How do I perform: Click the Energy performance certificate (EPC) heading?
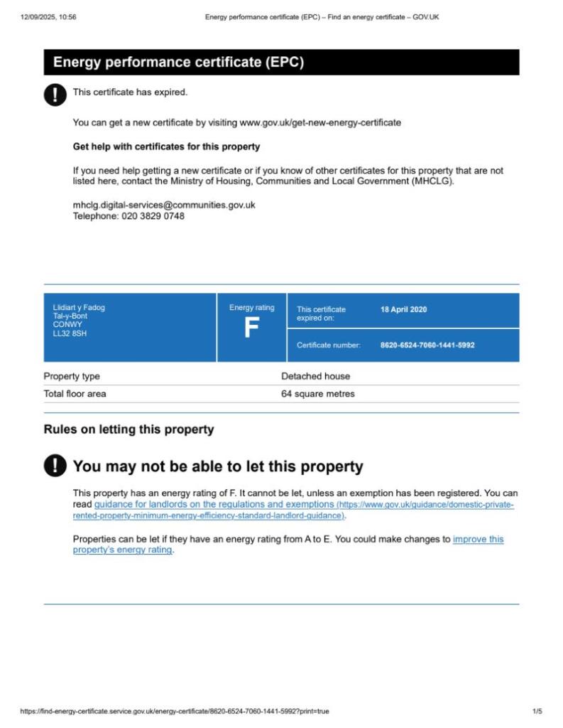pyautogui.click(x=178, y=63)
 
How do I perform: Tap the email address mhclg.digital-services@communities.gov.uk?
pyautogui.click(x=164, y=205)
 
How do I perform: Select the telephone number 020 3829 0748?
pyautogui.click(x=149, y=216)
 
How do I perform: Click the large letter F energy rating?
pyautogui.click(x=251, y=329)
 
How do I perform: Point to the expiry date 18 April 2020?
pyautogui.click(x=404, y=310)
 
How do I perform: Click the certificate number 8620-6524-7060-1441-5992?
pyautogui.click(x=427, y=346)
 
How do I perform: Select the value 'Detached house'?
pyautogui.click(x=315, y=376)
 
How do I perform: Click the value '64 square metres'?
pyautogui.click(x=317, y=394)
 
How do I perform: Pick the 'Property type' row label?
pyautogui.click(x=72, y=376)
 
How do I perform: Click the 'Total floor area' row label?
pyautogui.click(x=75, y=394)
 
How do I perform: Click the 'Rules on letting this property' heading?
pyautogui.click(x=129, y=429)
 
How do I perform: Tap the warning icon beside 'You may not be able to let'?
pyautogui.click(x=55, y=466)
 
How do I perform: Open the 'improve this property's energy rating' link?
pyautogui.click(x=478, y=539)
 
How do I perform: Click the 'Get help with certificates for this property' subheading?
pyautogui.click(x=166, y=146)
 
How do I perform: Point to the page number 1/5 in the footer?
pyautogui.click(x=537, y=711)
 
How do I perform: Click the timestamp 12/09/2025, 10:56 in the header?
pyautogui.click(x=48, y=17)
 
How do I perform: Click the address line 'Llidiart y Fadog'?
pyautogui.click(x=79, y=308)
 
